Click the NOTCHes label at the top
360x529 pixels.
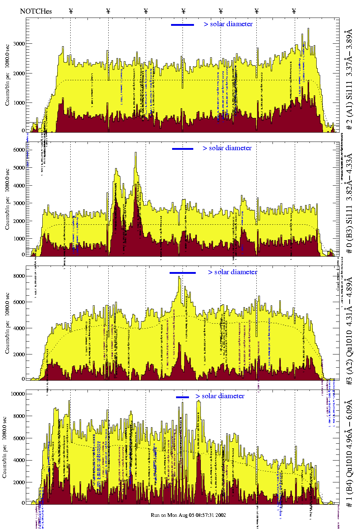[x=36, y=11]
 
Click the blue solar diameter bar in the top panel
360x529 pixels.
[x=183, y=25]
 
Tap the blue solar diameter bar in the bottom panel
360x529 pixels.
[x=183, y=397]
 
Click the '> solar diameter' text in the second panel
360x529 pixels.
[x=227, y=148]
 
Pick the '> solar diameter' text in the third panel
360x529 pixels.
[x=232, y=272]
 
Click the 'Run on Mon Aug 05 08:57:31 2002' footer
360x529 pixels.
[x=188, y=515]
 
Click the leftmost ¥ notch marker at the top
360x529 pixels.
[x=71, y=11]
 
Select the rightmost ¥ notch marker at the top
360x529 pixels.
[x=294, y=11]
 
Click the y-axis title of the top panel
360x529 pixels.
[x=7, y=75]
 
